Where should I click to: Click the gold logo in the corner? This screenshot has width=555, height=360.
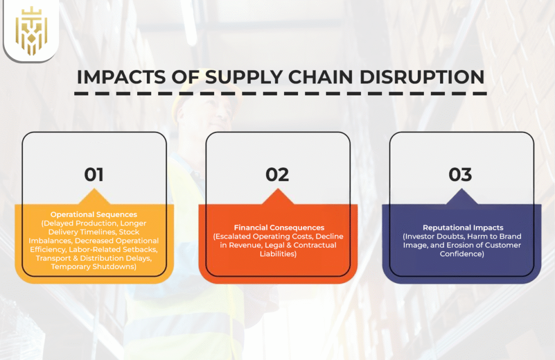point(30,30)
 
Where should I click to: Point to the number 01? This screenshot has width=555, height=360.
point(94,174)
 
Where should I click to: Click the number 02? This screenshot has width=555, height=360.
point(277,174)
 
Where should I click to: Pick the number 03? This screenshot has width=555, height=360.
point(461,174)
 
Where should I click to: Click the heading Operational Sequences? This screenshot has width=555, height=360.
point(94,214)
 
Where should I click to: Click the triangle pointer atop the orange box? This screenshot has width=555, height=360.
point(278,197)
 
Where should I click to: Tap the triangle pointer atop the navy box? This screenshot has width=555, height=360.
point(461,197)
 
